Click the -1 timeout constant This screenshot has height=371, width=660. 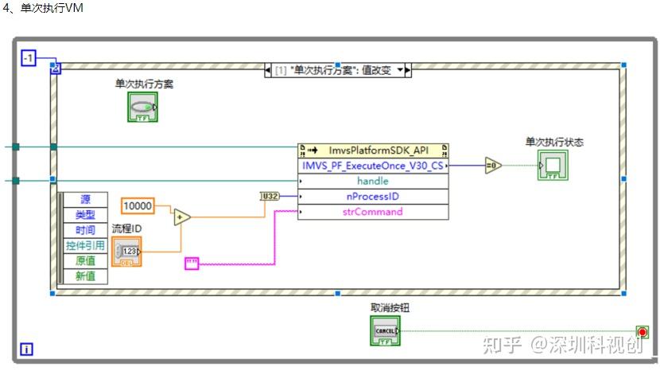(x=29, y=57)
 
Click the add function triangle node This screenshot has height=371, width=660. (x=182, y=217)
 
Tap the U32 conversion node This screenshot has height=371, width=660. (x=270, y=196)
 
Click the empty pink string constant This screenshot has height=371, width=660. (x=193, y=263)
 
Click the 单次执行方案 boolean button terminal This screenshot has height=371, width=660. (x=142, y=107)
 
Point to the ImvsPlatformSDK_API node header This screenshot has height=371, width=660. (x=373, y=150)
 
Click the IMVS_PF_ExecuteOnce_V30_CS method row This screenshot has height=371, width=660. (x=373, y=166)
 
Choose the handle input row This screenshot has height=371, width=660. (x=373, y=181)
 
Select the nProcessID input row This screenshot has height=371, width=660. (x=373, y=196)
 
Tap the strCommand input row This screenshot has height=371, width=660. (x=373, y=212)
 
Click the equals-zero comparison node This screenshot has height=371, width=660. (x=493, y=166)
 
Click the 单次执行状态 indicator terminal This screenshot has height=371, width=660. (x=553, y=166)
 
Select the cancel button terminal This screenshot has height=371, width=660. (x=385, y=330)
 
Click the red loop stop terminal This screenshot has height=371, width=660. (x=642, y=331)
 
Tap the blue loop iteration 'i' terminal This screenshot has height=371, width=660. (x=27, y=349)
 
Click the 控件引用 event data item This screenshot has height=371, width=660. (x=85, y=245)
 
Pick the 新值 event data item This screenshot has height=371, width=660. (x=85, y=275)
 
